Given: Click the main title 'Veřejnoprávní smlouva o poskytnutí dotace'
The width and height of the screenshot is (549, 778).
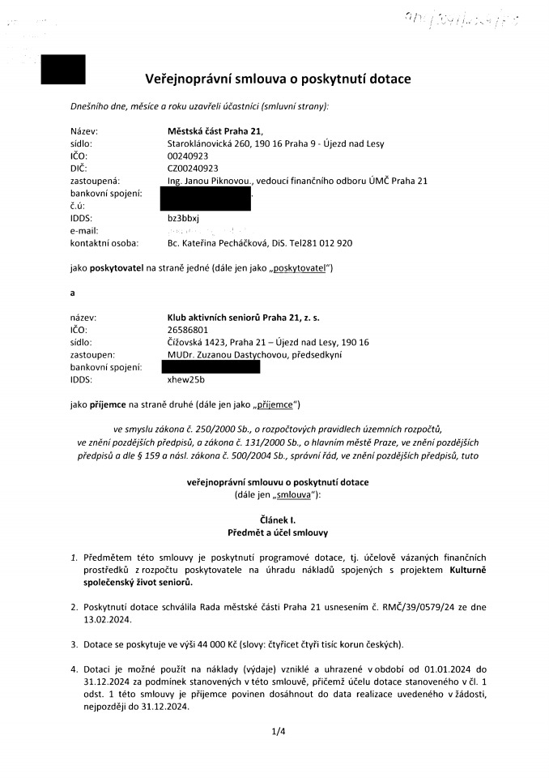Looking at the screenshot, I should coord(278,79).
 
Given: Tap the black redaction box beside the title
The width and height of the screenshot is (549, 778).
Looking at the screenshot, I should coord(63,69).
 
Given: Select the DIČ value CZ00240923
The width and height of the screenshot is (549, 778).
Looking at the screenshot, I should coord(187,169).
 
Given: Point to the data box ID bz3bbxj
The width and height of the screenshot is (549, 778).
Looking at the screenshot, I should coord(172,219).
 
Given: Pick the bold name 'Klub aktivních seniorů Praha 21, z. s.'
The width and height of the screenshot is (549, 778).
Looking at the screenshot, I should coord(238,318).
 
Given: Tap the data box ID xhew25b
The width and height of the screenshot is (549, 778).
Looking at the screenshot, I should coord(174,379).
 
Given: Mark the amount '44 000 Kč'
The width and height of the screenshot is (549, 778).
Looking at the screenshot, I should coord(188,644).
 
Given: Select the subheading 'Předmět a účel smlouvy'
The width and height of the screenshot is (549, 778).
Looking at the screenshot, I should coord(277,531).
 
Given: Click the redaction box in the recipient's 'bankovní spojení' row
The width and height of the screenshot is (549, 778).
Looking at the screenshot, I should coord(211,367).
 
